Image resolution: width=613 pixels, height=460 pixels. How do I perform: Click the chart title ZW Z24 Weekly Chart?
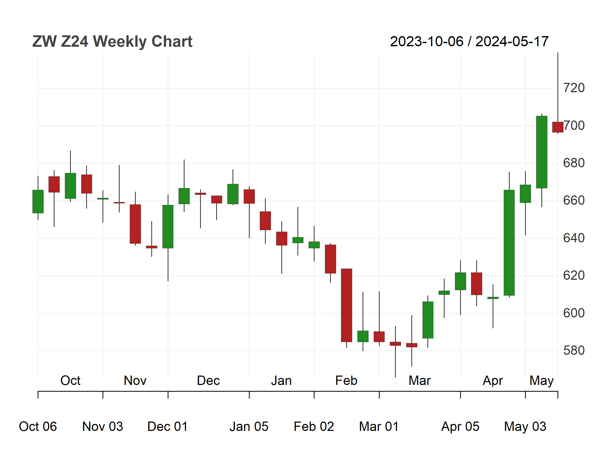pos(112,42)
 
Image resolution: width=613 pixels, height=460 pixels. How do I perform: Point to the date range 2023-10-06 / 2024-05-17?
pos(469,42)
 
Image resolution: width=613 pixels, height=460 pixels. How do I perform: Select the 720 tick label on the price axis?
pos(574,88)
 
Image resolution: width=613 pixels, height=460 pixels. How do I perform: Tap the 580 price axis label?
pos(574,350)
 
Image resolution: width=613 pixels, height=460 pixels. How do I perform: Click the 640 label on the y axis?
pos(574,238)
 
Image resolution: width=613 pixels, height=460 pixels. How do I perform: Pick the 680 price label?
pos(574,163)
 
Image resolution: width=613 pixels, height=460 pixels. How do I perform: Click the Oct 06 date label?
pos(38,426)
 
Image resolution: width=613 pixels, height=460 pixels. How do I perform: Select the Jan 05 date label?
pos(249,426)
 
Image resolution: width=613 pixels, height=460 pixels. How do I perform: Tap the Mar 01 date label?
pos(379,426)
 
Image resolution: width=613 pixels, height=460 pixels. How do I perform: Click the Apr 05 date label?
pos(460,426)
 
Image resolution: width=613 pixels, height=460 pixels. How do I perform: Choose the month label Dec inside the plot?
pos(208,381)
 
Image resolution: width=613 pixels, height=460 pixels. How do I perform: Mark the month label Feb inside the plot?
pos(346,381)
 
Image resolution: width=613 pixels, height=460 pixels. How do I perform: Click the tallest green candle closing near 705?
pos(542,152)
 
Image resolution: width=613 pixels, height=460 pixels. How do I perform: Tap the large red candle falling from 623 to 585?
pos(346,305)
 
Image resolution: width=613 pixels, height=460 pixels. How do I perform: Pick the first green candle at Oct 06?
pos(38,202)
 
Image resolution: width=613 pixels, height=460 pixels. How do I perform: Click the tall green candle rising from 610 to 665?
pos(509,243)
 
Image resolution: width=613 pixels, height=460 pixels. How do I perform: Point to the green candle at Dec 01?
pos(168,226)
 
